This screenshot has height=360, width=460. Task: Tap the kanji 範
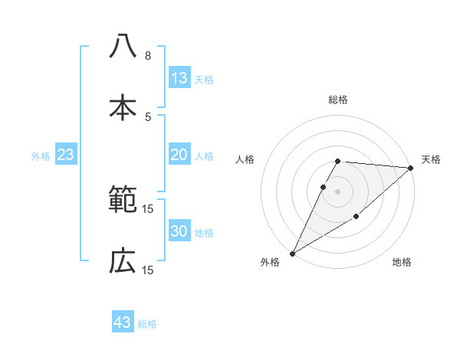point(123,201)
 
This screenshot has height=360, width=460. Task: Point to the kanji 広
point(123,263)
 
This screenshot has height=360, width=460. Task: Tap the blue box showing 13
point(179,78)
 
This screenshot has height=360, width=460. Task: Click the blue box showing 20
point(179,155)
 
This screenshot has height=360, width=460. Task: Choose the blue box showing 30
point(179,231)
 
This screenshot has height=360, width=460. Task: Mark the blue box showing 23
point(66,155)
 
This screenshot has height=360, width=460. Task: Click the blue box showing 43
point(122,322)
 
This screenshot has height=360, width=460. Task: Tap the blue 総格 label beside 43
point(147,324)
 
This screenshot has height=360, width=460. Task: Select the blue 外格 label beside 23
point(41,156)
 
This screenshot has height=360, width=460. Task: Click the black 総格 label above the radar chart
point(337,100)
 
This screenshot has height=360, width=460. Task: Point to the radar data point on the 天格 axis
point(410,168)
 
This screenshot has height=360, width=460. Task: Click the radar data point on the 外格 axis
point(292,253)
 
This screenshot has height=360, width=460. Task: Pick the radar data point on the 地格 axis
point(357,218)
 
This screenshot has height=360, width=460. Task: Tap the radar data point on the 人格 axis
point(323,187)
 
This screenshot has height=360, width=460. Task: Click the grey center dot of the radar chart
point(337,191)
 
